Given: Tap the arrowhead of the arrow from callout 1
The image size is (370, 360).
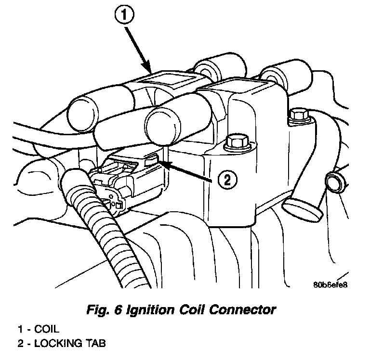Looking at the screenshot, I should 151,72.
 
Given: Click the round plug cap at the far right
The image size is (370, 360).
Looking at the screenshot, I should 334,183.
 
